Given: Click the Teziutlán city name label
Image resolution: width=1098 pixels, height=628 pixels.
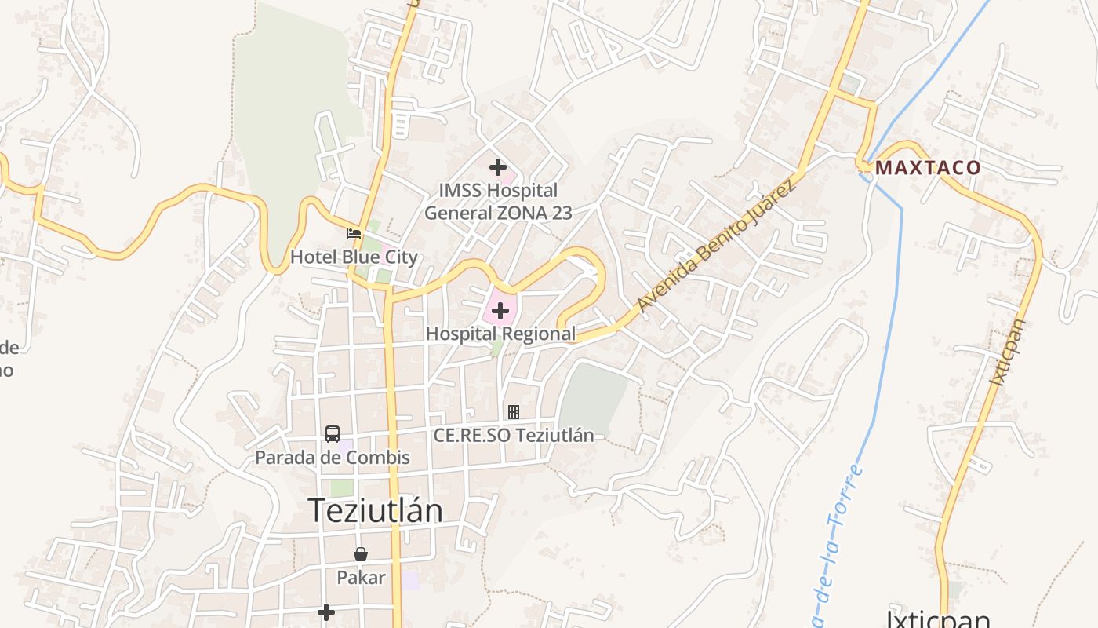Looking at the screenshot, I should tap(375, 510).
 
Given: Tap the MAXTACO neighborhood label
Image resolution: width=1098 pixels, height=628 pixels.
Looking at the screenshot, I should tap(928, 167).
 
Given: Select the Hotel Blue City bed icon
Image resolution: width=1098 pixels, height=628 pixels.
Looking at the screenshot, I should tap(354, 233).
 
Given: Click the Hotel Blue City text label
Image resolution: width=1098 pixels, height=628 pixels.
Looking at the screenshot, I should tap(354, 257).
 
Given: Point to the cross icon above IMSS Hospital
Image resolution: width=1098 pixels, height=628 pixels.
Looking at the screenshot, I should tap(497, 166).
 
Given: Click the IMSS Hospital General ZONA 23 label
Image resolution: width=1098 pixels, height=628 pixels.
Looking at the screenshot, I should tap(498, 202).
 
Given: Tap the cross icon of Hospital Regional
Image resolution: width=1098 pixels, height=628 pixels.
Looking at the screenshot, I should tap(500, 312).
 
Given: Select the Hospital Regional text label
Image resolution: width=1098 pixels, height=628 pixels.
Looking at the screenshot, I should tap(500, 334).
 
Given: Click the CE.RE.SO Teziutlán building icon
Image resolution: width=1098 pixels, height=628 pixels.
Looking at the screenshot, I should tap(514, 411).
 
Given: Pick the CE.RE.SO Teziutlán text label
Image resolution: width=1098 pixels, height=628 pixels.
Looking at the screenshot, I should tap(514, 435).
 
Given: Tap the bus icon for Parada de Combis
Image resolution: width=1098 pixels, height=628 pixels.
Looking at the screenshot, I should tap(333, 433).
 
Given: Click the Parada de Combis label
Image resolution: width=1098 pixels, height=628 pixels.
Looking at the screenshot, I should tap(333, 457).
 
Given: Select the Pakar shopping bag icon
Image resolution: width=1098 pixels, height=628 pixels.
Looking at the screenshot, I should tap(361, 554).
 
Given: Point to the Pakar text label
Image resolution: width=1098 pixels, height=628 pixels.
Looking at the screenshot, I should tap(361, 578).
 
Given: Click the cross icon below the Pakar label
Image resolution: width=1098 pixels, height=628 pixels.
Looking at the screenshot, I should tap(326, 612).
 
